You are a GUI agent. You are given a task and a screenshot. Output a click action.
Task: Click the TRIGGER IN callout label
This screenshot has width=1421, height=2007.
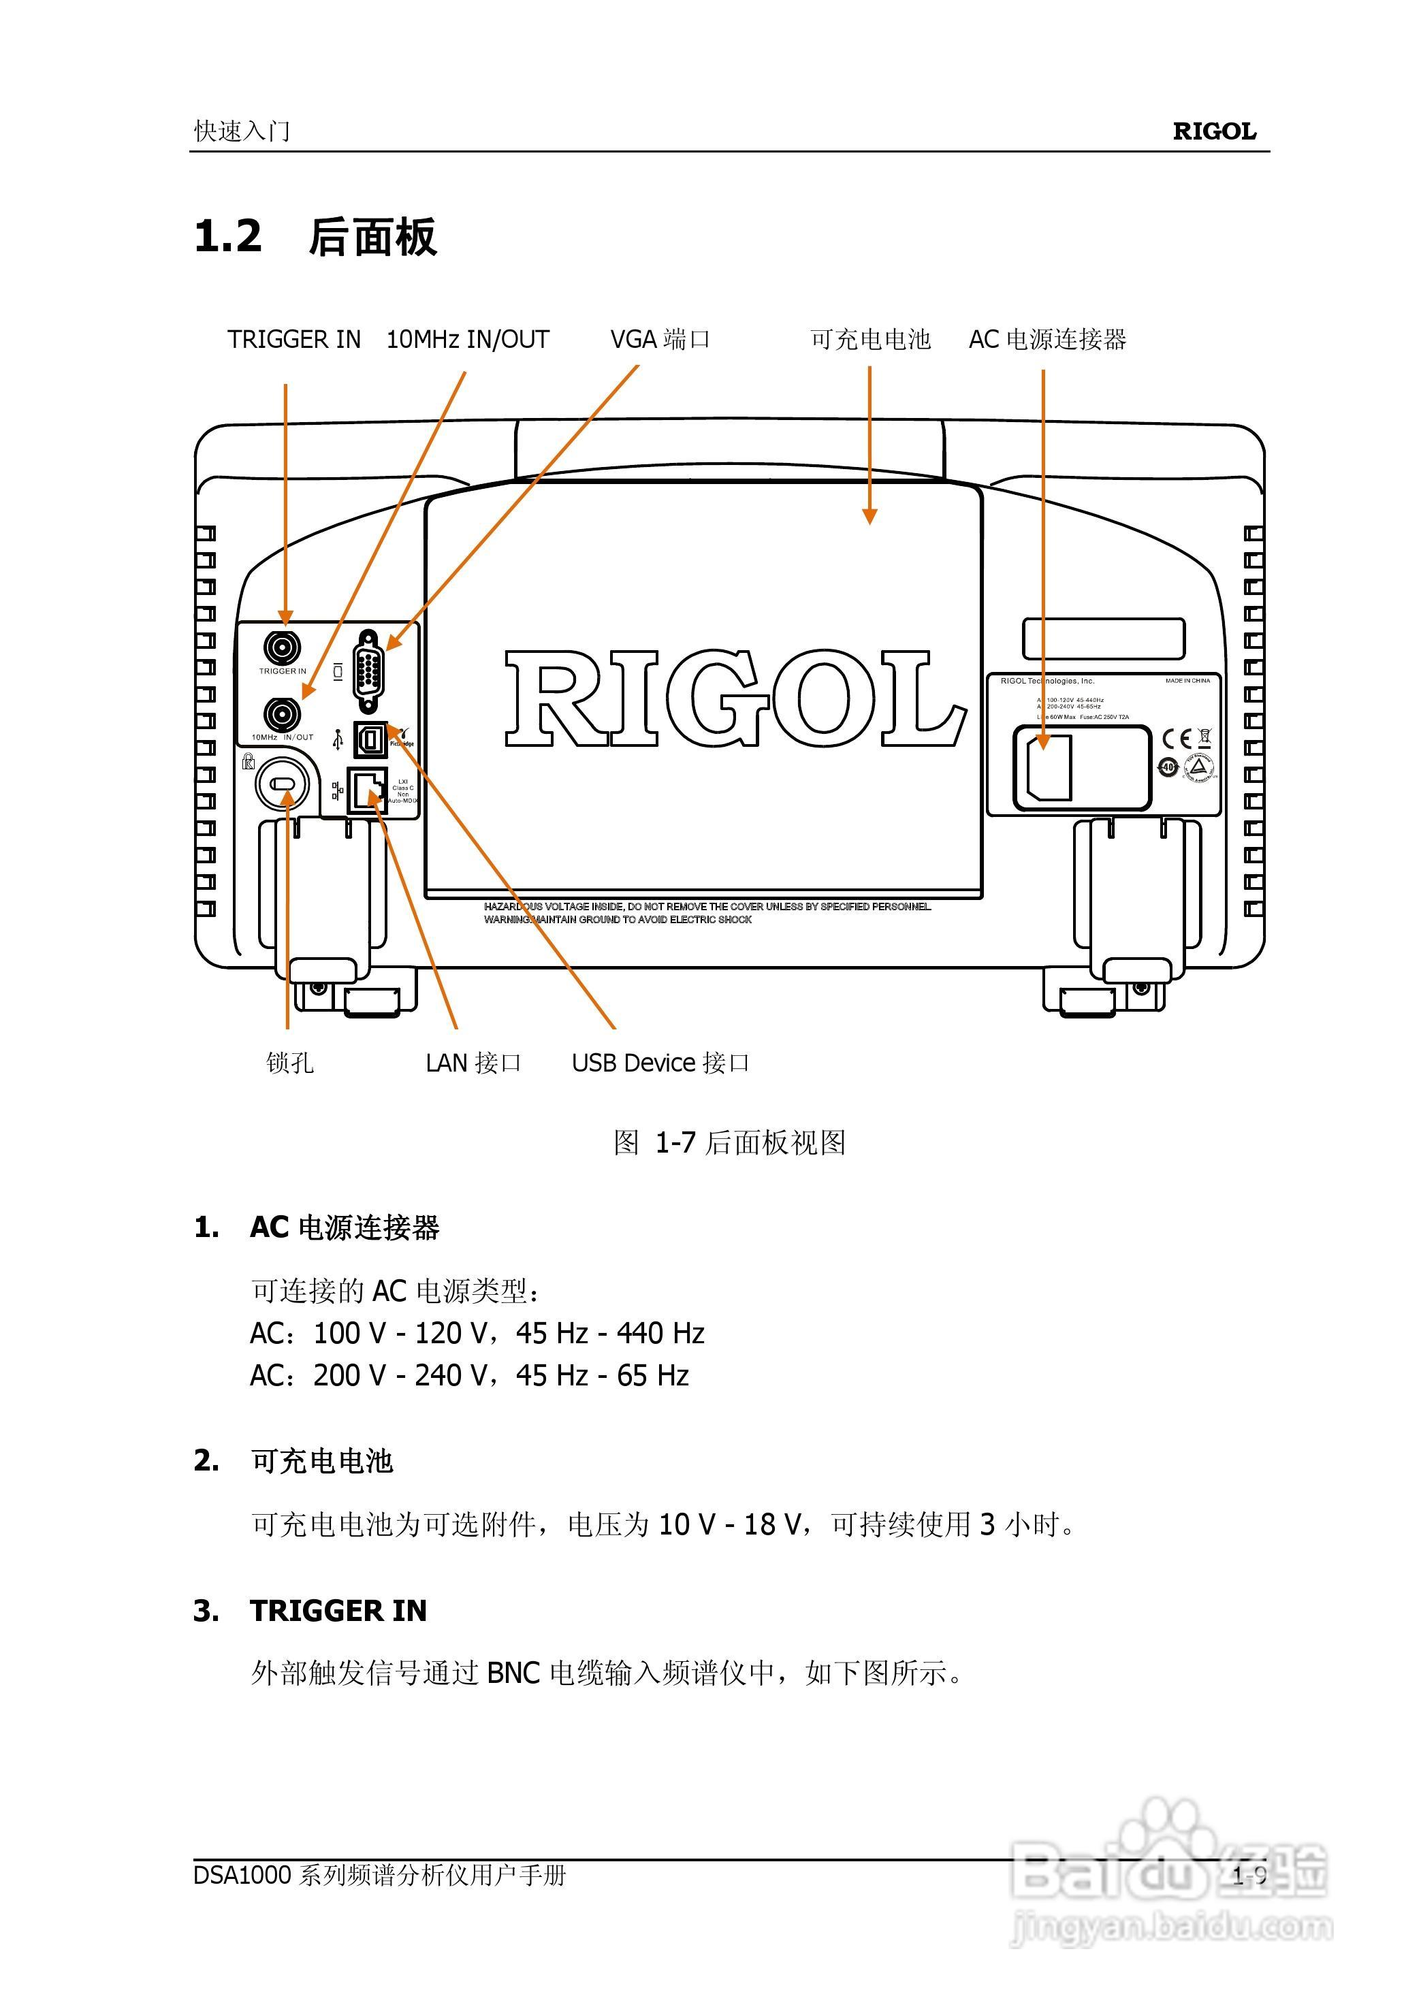[x=293, y=340]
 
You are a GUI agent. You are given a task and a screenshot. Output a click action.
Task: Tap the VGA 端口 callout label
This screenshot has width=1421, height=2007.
[x=659, y=340]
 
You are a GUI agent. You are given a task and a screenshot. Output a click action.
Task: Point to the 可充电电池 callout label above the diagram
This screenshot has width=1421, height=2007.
[x=869, y=340]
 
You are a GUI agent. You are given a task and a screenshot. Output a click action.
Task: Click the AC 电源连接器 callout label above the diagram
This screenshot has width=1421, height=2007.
[x=1047, y=340]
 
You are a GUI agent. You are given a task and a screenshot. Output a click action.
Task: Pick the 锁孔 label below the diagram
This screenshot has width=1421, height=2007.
[x=289, y=1063]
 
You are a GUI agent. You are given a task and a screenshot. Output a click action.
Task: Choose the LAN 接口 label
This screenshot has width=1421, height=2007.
[x=473, y=1063]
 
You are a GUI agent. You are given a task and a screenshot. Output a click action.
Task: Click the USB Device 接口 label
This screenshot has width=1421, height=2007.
[x=660, y=1063]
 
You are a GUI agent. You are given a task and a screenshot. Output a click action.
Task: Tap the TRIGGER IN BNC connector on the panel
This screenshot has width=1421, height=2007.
[x=283, y=648]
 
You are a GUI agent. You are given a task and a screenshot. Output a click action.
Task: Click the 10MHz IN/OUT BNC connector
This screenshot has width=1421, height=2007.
[x=282, y=714]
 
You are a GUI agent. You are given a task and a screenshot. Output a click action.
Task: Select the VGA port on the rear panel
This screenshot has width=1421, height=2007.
[x=368, y=672]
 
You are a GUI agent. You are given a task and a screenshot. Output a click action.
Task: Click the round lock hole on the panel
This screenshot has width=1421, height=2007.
[x=283, y=783]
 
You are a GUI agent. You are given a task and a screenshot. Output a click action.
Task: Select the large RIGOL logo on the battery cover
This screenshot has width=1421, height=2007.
[x=733, y=699]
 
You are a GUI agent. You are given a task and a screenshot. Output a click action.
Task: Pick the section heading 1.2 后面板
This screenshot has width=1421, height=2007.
[x=315, y=237]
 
